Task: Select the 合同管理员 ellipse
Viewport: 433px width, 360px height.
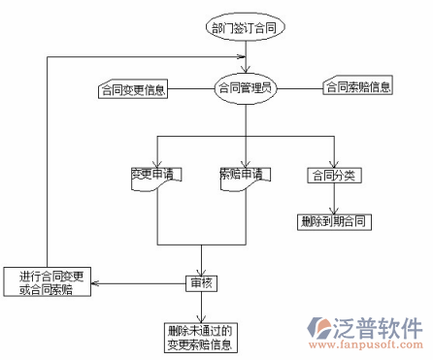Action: [246, 87]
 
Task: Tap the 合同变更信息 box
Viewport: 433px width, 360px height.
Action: [132, 91]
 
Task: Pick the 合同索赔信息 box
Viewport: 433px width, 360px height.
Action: [358, 87]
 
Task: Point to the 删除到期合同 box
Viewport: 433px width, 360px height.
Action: [335, 221]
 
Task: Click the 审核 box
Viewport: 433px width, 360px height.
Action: [201, 283]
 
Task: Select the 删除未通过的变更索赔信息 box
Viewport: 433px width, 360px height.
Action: [201, 336]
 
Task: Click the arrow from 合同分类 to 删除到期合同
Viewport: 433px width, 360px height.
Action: [335, 199]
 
